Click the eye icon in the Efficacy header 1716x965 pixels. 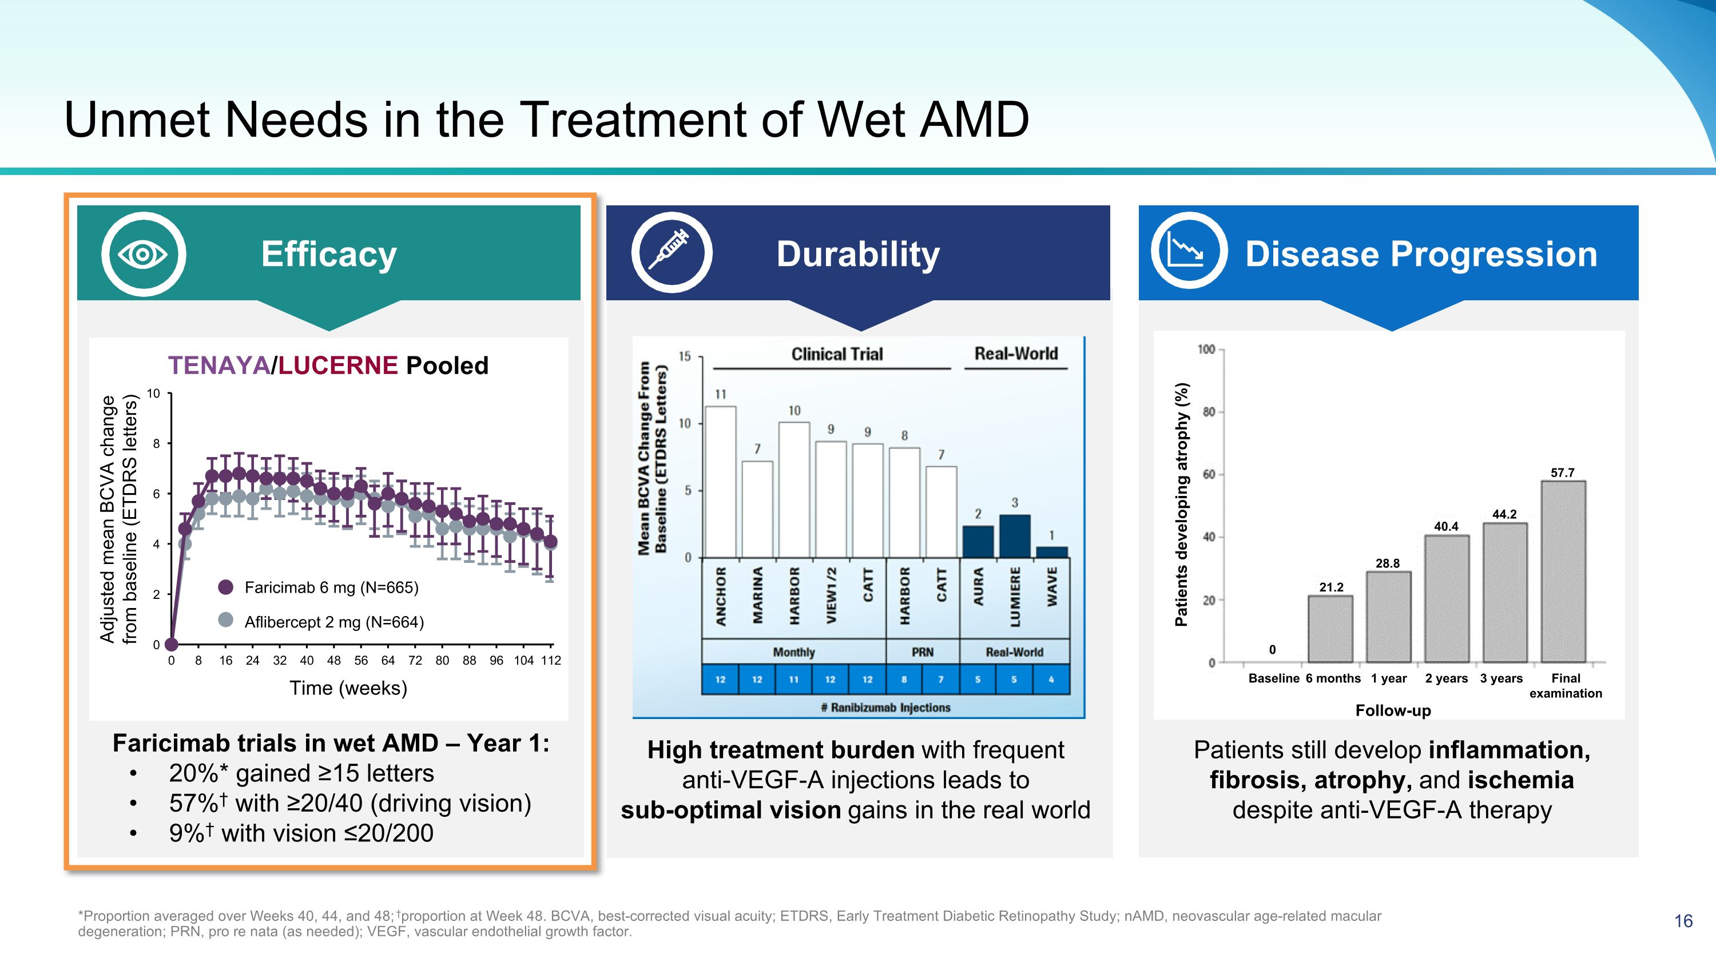143,254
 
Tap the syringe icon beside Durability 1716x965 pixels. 672,252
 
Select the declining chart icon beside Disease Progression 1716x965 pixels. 1189,251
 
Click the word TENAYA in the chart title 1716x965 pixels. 219,365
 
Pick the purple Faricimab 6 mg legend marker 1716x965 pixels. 226,587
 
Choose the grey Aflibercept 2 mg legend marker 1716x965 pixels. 226,620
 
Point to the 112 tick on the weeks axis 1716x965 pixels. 551,660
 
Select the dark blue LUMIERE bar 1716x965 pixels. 1015,536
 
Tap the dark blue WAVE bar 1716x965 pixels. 1052,552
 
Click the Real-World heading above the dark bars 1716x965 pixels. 1016,354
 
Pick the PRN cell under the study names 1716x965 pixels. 923,652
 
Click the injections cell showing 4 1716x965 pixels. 1051,680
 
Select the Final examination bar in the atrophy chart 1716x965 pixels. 1563,571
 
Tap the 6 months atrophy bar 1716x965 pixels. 1330,629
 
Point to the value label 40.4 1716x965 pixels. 1446,526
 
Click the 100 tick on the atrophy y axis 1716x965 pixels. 1206,350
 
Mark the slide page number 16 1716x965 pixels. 1683,921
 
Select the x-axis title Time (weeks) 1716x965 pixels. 348,688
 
